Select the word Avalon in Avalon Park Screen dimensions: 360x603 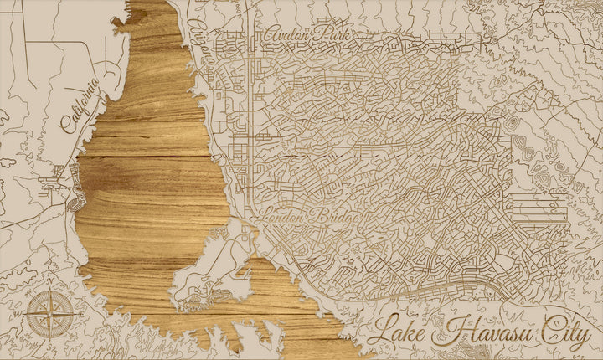(288, 37)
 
